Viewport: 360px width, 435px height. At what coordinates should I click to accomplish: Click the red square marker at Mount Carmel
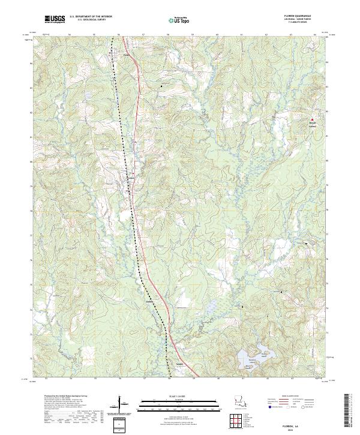coord(311,119)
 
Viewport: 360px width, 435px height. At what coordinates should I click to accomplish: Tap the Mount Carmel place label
coord(311,125)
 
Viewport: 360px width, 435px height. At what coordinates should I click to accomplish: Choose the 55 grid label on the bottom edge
coord(95,378)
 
